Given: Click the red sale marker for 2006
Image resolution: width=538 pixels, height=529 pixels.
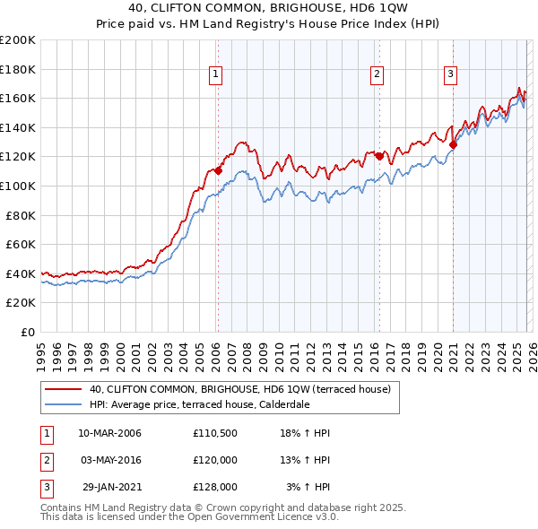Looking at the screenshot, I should pyautogui.click(x=218, y=170).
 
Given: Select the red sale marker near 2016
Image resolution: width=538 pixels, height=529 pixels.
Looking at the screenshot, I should pyautogui.click(x=379, y=156).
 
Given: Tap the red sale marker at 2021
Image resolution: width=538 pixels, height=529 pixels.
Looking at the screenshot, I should pyautogui.click(x=454, y=144).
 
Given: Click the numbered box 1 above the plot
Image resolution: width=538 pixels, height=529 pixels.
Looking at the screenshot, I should pyautogui.click(x=217, y=74).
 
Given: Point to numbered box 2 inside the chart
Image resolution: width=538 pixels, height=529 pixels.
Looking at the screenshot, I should pyautogui.click(x=377, y=74).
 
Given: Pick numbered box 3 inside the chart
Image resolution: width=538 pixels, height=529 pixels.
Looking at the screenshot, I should pyautogui.click(x=451, y=74).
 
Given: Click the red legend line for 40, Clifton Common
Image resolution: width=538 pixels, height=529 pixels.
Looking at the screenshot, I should pyautogui.click(x=63, y=390).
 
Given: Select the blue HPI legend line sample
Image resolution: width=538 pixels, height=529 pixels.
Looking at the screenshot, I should pyautogui.click(x=63, y=404).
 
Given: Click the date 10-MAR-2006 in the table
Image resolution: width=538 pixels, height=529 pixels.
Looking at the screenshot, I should pyautogui.click(x=109, y=433).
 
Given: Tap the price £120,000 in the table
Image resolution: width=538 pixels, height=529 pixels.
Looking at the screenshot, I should pyautogui.click(x=214, y=460).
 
